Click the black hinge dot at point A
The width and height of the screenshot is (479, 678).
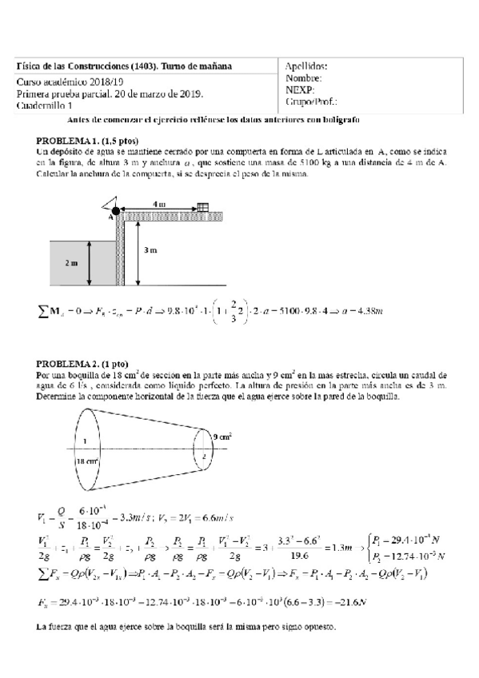115,210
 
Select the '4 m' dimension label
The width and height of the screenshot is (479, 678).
159,205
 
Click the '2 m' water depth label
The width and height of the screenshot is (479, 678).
72,262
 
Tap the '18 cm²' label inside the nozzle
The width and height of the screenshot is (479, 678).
87,462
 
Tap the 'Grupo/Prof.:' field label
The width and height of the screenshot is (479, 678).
311,102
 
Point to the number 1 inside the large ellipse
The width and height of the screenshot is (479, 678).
85,440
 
